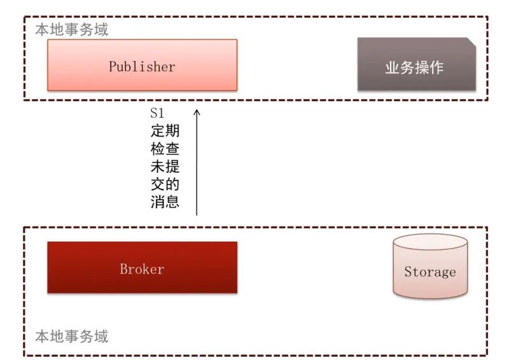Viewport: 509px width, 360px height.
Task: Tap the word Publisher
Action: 142,66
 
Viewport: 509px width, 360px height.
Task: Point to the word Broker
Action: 142,269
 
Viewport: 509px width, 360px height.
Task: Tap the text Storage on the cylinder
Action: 430,272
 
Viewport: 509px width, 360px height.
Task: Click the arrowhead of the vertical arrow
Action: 197,112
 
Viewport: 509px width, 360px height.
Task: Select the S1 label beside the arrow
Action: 157,114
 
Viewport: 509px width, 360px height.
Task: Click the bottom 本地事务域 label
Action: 71,335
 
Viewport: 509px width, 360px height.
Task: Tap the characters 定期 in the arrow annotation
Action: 165,132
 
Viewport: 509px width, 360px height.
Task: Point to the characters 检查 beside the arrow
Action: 165,149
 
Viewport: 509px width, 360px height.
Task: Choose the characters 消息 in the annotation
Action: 165,202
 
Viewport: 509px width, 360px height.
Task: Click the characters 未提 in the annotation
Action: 165,167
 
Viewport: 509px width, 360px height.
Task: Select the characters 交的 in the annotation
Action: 165,185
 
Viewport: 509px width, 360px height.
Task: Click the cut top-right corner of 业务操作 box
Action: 471,41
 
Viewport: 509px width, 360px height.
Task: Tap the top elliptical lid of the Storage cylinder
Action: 430,243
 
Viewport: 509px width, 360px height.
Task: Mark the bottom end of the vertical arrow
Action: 197,214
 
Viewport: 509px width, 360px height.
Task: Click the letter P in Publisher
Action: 113,66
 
